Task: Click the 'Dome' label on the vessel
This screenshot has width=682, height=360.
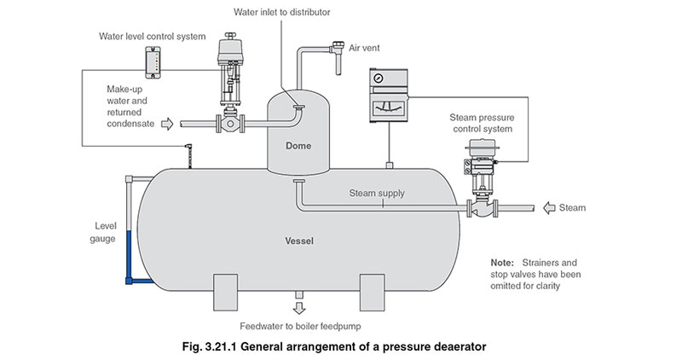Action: point(298,146)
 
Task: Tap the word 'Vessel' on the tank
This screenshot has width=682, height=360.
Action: point(298,241)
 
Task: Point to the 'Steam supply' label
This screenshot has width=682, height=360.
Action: point(377,194)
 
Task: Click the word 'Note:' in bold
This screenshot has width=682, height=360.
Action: point(502,262)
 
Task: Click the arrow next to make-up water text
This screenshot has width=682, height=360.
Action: point(167,124)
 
